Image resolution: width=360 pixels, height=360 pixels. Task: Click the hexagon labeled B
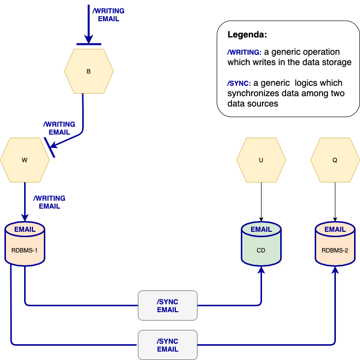(x=89, y=71)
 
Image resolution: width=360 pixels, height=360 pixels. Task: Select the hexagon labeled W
(x=25, y=160)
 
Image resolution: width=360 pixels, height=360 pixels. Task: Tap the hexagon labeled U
(x=261, y=160)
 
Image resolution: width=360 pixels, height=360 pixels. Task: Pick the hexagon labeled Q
(x=335, y=160)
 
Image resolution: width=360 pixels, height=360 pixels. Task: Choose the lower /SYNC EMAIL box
(x=167, y=345)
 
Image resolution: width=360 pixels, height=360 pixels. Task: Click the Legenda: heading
(x=247, y=36)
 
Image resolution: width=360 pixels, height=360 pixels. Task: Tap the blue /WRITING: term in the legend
(x=244, y=52)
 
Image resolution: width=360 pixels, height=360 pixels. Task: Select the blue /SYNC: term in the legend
(x=239, y=83)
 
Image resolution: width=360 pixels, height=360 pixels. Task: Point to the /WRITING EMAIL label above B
(x=108, y=15)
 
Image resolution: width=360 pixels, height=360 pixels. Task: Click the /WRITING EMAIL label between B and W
(x=59, y=128)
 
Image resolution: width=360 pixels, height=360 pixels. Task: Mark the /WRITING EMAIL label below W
(x=49, y=202)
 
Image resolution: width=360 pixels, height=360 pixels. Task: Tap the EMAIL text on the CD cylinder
(x=261, y=229)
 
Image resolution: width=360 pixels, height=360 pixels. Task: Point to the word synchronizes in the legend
(x=250, y=93)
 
